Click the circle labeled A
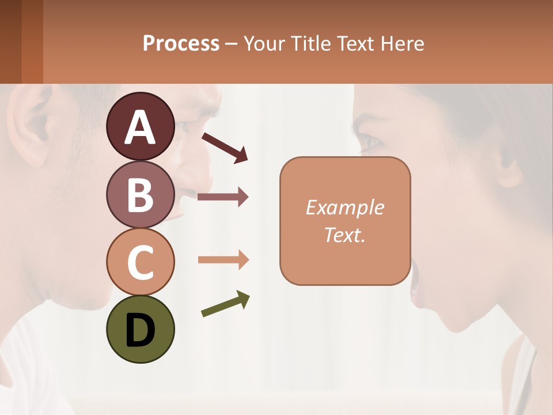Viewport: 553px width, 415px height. tap(140, 127)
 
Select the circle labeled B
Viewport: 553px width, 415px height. tap(140, 194)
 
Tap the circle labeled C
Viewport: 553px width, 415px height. tap(140, 262)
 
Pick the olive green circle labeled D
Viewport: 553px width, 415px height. tap(140, 329)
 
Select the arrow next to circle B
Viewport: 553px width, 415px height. tap(223, 197)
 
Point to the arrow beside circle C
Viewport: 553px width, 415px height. tap(223, 260)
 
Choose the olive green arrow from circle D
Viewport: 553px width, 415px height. tap(225, 304)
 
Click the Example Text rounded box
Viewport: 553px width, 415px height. tap(345, 221)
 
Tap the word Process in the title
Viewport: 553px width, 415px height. tap(181, 43)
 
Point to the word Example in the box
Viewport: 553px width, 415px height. tap(344, 207)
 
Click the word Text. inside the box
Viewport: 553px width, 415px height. tap(344, 235)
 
